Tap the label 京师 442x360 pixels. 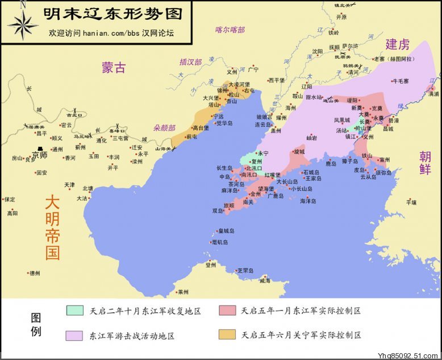tap(39, 155)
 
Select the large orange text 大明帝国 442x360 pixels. tap(52, 227)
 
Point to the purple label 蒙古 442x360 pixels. tap(114, 68)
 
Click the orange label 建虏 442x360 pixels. tap(398, 44)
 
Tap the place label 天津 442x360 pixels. tap(69, 185)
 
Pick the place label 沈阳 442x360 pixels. tap(317, 51)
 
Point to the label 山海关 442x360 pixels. tap(163, 149)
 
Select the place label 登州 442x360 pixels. tap(211, 264)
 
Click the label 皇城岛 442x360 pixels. tap(226, 231)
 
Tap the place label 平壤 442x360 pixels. tap(411, 202)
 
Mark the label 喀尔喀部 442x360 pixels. tap(230, 30)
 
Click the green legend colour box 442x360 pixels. tap(74, 311)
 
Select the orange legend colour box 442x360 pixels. tap(226, 335)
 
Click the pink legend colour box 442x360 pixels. tap(226, 311)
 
